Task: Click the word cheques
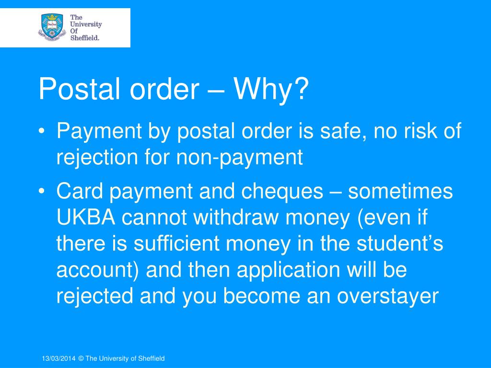[282, 192]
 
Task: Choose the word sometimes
[400, 192]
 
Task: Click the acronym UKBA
[86, 218]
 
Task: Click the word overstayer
[387, 296]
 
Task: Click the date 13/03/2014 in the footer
[58, 358]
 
